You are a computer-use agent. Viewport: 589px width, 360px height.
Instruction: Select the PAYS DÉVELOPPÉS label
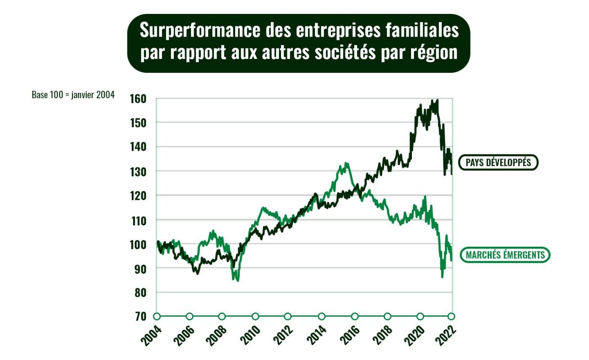coord(498,162)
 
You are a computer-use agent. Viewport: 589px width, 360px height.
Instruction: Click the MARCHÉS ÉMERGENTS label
coord(505,255)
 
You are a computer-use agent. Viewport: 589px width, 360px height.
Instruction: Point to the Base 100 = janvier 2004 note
coord(73,95)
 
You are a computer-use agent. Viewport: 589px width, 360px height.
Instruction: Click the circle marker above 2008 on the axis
coord(222,316)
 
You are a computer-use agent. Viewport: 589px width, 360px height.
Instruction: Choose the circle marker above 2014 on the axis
coord(322,316)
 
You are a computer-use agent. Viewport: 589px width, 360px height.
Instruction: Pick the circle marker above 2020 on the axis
coord(420,316)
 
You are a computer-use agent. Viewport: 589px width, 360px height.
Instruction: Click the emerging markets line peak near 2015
coord(346,163)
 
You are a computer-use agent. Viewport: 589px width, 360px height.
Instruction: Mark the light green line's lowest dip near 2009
coord(238,280)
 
